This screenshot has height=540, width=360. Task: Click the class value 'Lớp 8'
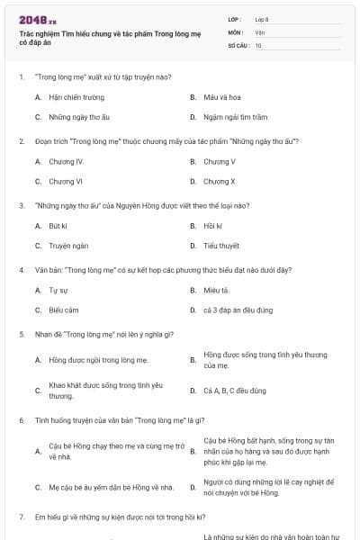[x=262, y=19]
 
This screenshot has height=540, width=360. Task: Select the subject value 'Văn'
[x=259, y=31]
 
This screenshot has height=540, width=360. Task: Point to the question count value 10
[x=258, y=44]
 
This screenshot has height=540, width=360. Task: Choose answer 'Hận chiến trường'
[x=73, y=96]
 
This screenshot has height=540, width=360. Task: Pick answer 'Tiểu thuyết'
[x=220, y=245]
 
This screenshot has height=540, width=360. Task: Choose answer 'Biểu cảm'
[x=64, y=310]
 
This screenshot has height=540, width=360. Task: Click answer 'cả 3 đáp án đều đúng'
[x=238, y=310]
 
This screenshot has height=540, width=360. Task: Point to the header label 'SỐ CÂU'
[x=237, y=44]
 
